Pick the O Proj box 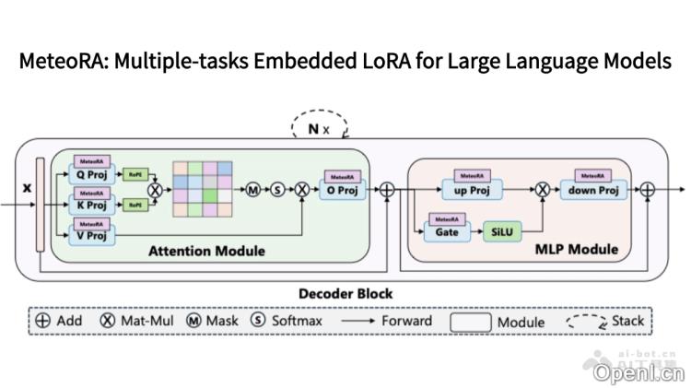pyautogui.click(x=343, y=190)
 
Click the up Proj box pyautogui.click(x=474, y=190)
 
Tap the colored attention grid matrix pyautogui.click(x=205, y=190)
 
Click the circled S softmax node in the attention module pyautogui.click(x=277, y=190)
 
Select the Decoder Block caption pyautogui.click(x=345, y=294)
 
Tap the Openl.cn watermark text pyautogui.click(x=638, y=372)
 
